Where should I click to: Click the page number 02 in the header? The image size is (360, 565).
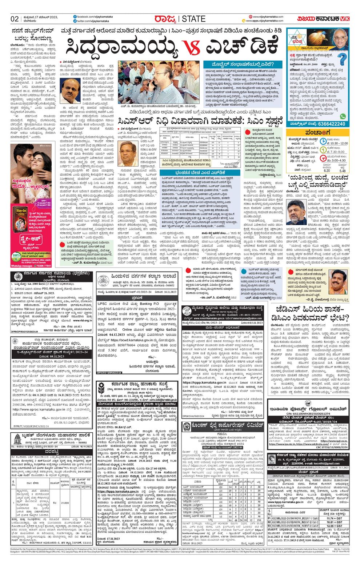point(15,19)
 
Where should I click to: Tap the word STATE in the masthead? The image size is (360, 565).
point(193,19)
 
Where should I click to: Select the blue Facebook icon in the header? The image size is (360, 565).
point(75,17)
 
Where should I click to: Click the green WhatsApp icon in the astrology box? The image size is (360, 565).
point(343,116)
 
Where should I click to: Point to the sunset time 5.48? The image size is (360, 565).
point(342,171)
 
